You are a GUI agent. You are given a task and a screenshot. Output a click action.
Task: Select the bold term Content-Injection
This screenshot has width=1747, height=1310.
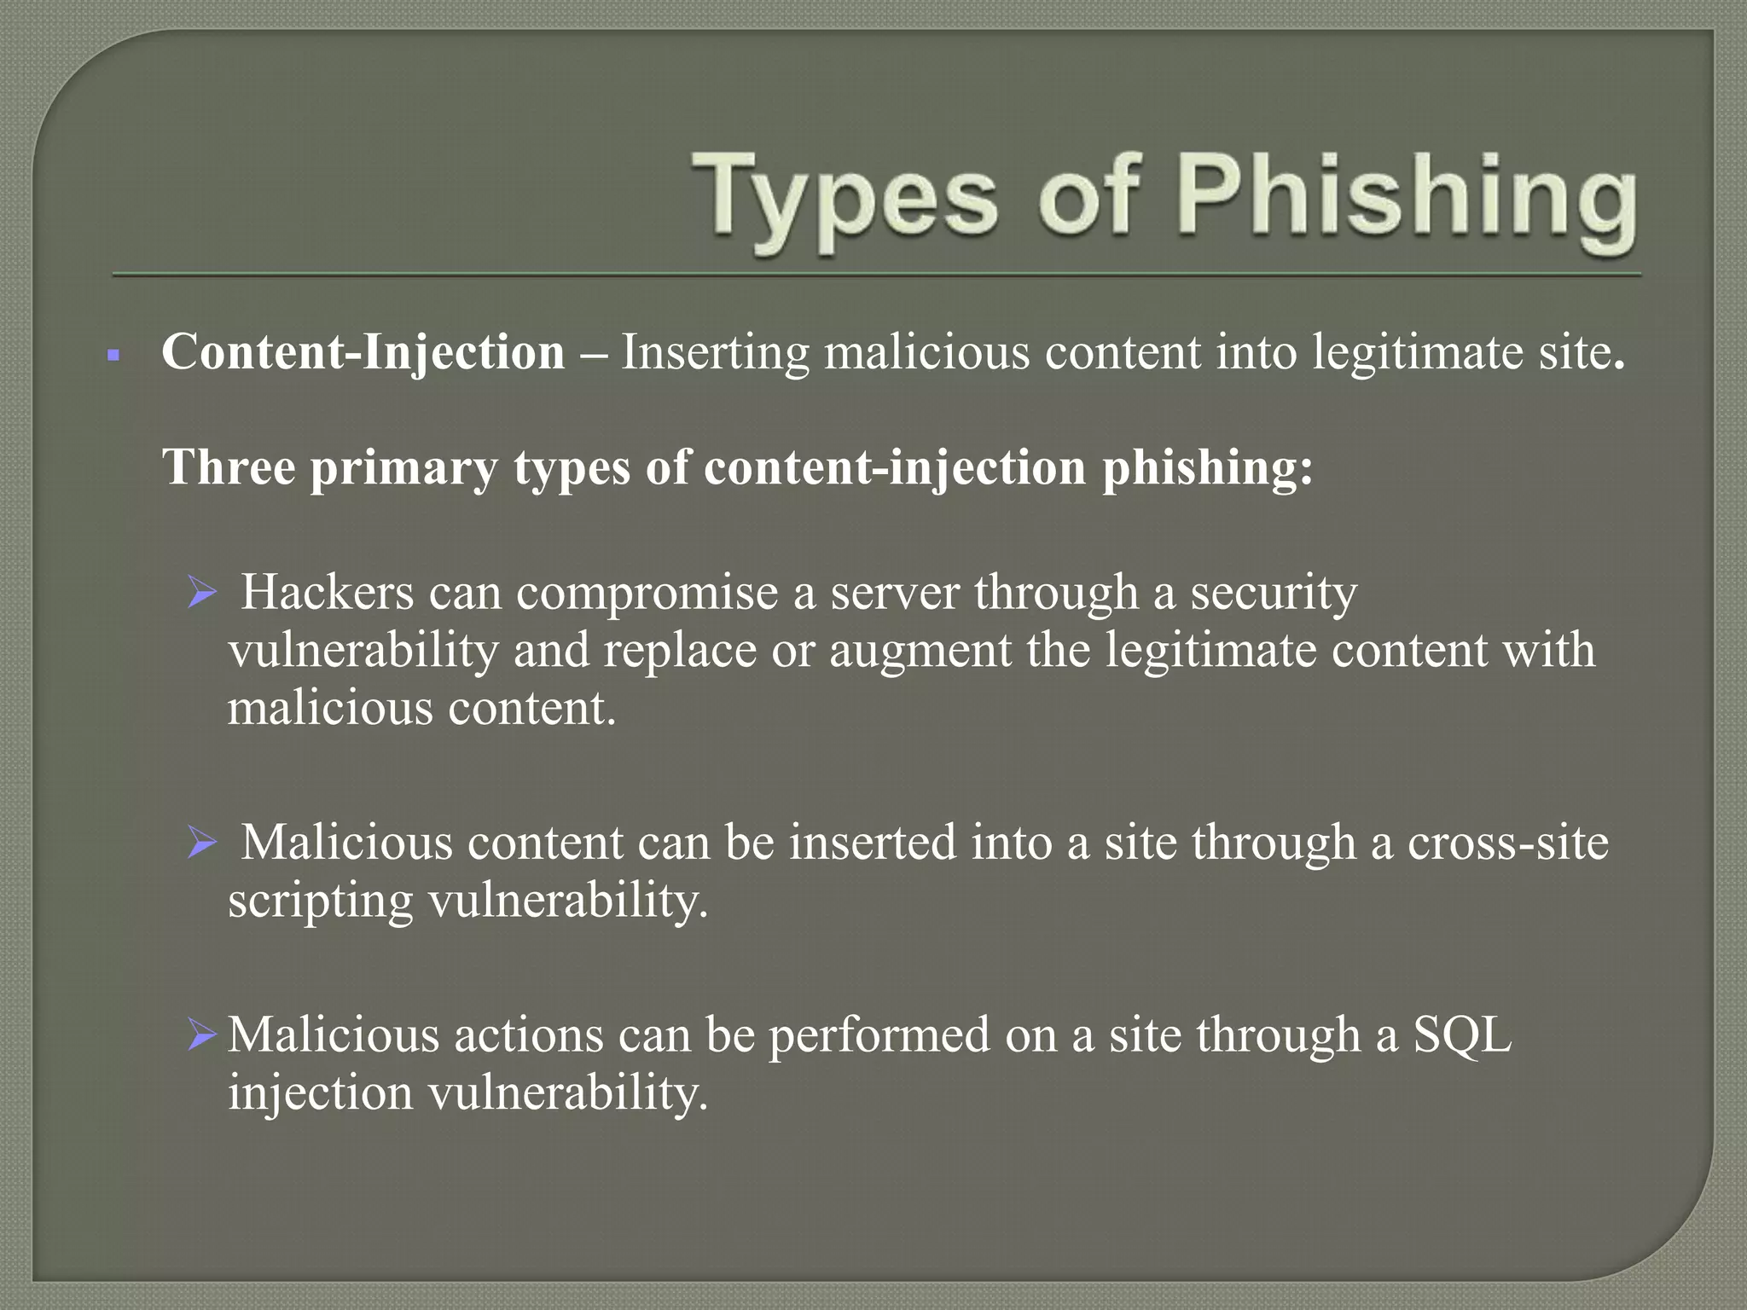[363, 351]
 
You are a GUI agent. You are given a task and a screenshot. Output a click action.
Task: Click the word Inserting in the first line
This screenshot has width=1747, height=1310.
[715, 351]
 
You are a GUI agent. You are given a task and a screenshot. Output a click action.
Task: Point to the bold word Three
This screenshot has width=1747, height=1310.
[228, 467]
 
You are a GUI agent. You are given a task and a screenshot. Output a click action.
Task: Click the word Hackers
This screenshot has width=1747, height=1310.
[327, 592]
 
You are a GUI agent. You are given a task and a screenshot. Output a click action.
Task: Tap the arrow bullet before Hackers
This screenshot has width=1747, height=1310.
[203, 592]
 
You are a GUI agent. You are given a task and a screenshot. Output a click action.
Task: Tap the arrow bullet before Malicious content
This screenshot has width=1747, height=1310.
[203, 843]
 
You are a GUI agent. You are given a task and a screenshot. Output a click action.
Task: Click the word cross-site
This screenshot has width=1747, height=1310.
[1507, 843]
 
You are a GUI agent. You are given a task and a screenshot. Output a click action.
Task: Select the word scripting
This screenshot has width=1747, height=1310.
[320, 902]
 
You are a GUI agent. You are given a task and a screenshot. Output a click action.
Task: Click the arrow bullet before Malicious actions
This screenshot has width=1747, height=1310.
[203, 1035]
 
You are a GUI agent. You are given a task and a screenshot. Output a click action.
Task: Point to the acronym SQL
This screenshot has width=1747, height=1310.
[1462, 1035]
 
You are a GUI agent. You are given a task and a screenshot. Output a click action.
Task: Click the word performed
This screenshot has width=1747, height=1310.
[879, 1035]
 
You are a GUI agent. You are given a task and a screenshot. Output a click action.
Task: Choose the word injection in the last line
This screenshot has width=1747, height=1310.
[320, 1093]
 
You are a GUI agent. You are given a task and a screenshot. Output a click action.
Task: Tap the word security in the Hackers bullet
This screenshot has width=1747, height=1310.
[1274, 592]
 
